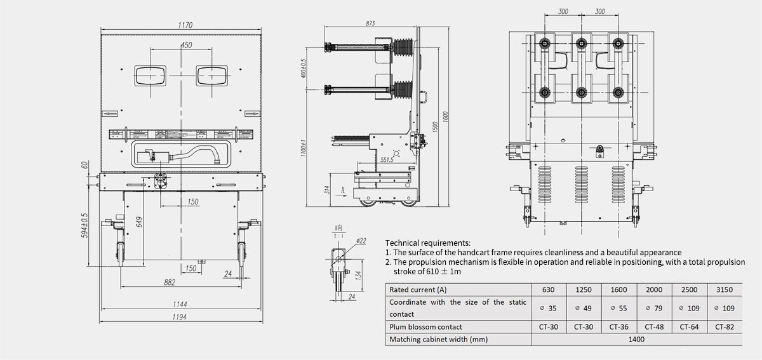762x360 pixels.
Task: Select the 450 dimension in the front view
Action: click(x=186, y=45)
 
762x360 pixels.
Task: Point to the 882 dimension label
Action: click(x=169, y=283)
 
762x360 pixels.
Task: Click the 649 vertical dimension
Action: click(x=138, y=222)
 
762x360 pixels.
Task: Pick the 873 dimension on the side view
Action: click(x=370, y=23)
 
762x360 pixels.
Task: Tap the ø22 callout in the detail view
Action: click(x=361, y=241)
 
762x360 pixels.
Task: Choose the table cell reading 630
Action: click(x=548, y=290)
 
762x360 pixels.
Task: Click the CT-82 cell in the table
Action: click(x=724, y=327)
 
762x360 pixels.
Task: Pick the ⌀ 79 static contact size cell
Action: click(x=653, y=308)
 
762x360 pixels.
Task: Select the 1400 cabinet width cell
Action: click(x=636, y=340)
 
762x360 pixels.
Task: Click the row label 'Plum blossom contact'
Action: click(x=426, y=327)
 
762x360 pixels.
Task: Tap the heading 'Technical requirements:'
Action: click(x=428, y=243)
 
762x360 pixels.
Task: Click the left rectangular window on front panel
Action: click(x=149, y=76)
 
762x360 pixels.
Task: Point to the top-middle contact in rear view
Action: click(x=580, y=43)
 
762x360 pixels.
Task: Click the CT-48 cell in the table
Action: click(x=653, y=327)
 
